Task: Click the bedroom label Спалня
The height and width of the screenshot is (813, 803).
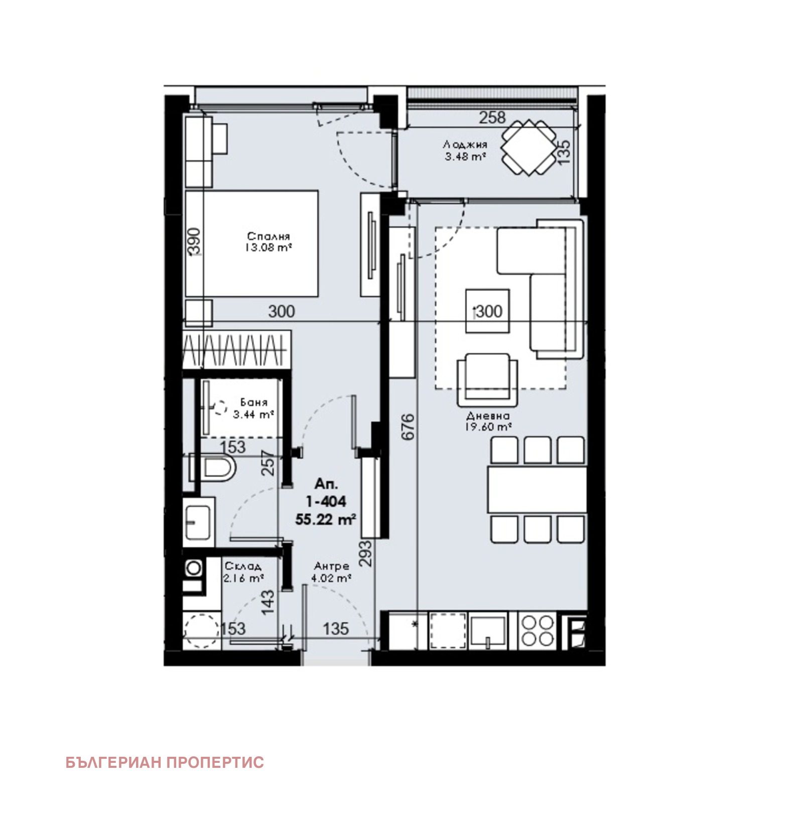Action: tap(269, 236)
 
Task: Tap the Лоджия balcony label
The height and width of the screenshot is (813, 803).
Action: tap(465, 145)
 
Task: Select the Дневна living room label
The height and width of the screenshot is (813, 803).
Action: tap(488, 416)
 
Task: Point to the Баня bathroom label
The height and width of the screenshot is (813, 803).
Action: tap(254, 402)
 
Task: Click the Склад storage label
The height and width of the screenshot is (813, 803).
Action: tap(243, 566)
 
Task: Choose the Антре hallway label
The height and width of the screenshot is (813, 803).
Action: tap(330, 566)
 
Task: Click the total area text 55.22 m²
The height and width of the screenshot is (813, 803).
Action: tap(326, 519)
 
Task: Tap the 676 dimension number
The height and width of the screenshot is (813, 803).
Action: tap(409, 427)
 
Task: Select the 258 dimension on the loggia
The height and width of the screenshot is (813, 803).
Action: tap(492, 117)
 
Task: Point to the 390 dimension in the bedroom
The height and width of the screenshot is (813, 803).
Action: tap(195, 241)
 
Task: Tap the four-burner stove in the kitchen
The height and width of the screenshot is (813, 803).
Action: tap(538, 631)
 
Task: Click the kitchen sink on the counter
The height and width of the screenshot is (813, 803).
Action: tap(487, 630)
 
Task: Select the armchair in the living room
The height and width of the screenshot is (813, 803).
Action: tap(487, 380)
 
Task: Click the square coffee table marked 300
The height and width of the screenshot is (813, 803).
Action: tap(487, 311)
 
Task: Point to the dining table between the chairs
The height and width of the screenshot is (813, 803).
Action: tap(537, 490)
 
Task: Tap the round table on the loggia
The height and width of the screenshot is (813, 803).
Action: tap(528, 148)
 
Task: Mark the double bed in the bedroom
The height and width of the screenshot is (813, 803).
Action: tap(252, 244)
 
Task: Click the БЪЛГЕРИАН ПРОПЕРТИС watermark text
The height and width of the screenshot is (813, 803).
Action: tap(165, 762)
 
